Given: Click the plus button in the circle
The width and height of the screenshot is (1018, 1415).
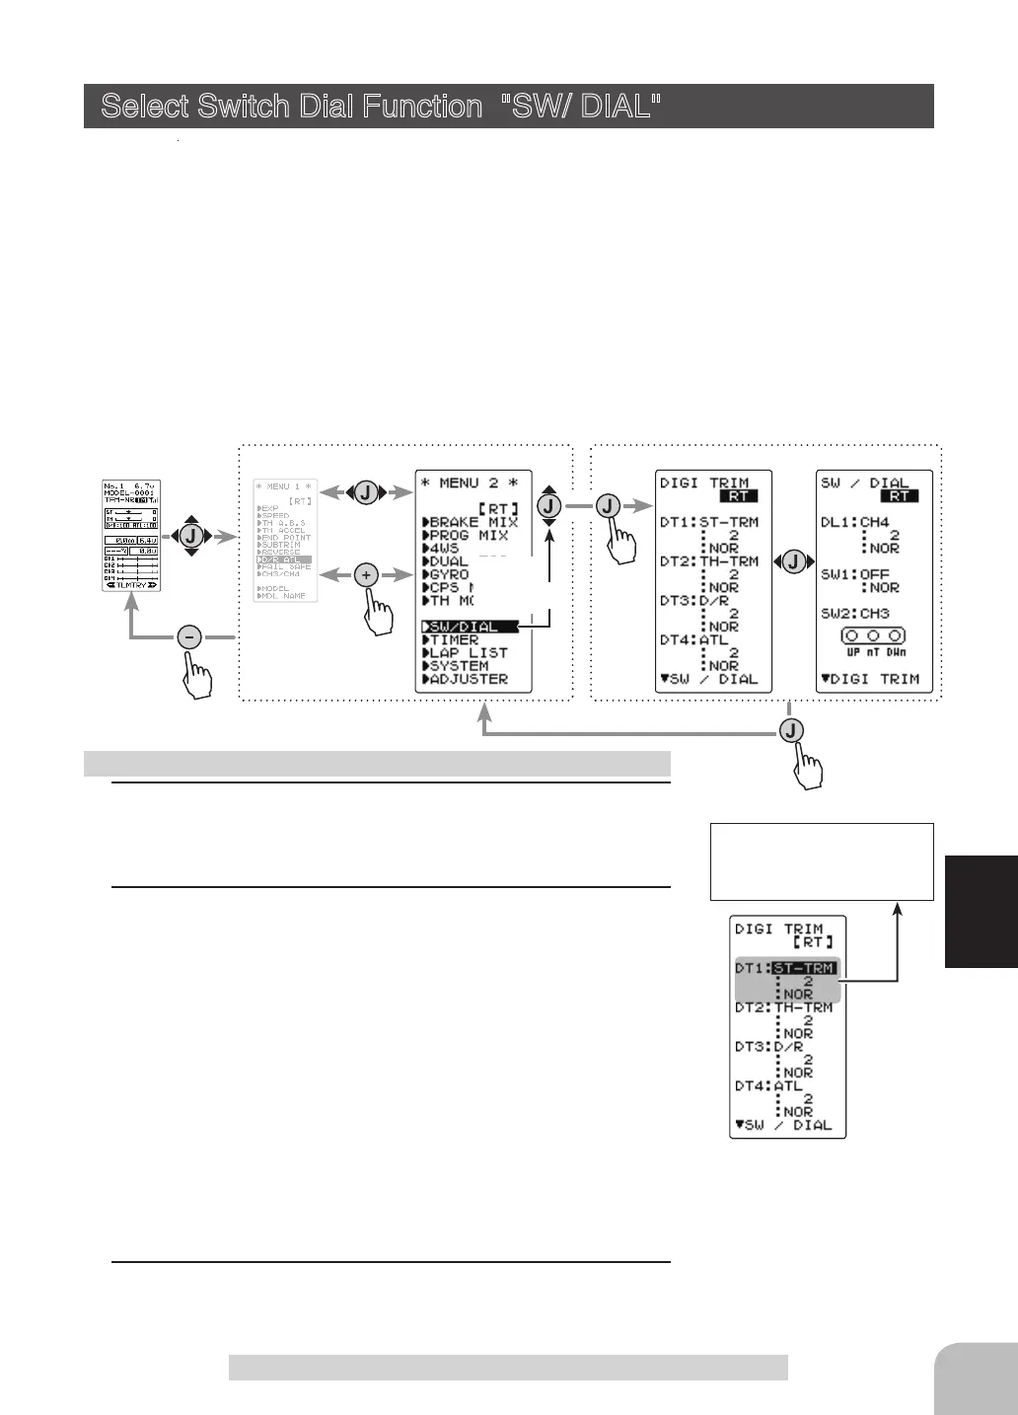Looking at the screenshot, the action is coord(366,575).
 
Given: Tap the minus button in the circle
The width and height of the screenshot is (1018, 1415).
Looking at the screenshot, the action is coord(190,637).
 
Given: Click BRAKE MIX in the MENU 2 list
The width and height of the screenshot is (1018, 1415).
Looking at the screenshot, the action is coord(473,522).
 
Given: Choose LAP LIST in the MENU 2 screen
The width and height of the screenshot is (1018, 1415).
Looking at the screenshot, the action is coord(469,653).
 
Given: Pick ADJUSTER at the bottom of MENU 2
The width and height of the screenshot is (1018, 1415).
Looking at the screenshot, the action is coord(469,679).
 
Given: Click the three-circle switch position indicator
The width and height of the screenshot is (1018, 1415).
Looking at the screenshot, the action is coord(873,636).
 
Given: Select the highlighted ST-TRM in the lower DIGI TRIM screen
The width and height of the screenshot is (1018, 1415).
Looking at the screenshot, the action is coord(805,968).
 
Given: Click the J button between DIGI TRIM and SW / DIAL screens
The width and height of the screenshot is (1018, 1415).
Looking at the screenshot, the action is coord(792,562).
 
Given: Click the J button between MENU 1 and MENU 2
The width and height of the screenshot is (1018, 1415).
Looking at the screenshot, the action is coord(366,492).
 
